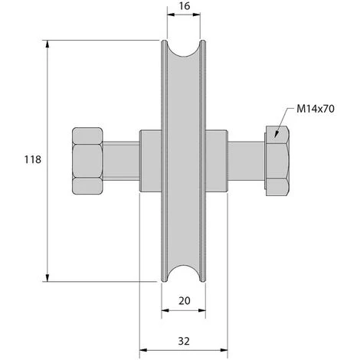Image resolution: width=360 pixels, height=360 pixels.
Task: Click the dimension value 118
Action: pyautogui.click(x=31, y=159)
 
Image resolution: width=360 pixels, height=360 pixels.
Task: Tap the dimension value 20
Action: pyautogui.click(x=184, y=301)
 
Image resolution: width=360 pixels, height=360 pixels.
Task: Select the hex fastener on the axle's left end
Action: pyautogui.click(x=87, y=160)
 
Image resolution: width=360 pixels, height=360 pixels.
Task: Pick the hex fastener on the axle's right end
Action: pyautogui.click(x=276, y=160)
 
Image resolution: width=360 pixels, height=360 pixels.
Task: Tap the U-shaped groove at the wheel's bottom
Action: pyautogui.click(x=184, y=269)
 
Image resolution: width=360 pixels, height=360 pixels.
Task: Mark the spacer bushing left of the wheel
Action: pyautogui.click(x=149, y=160)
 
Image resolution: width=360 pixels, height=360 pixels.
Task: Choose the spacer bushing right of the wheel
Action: pyautogui.click(x=217, y=160)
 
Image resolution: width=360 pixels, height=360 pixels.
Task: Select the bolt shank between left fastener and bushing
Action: pyautogui.click(x=120, y=160)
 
